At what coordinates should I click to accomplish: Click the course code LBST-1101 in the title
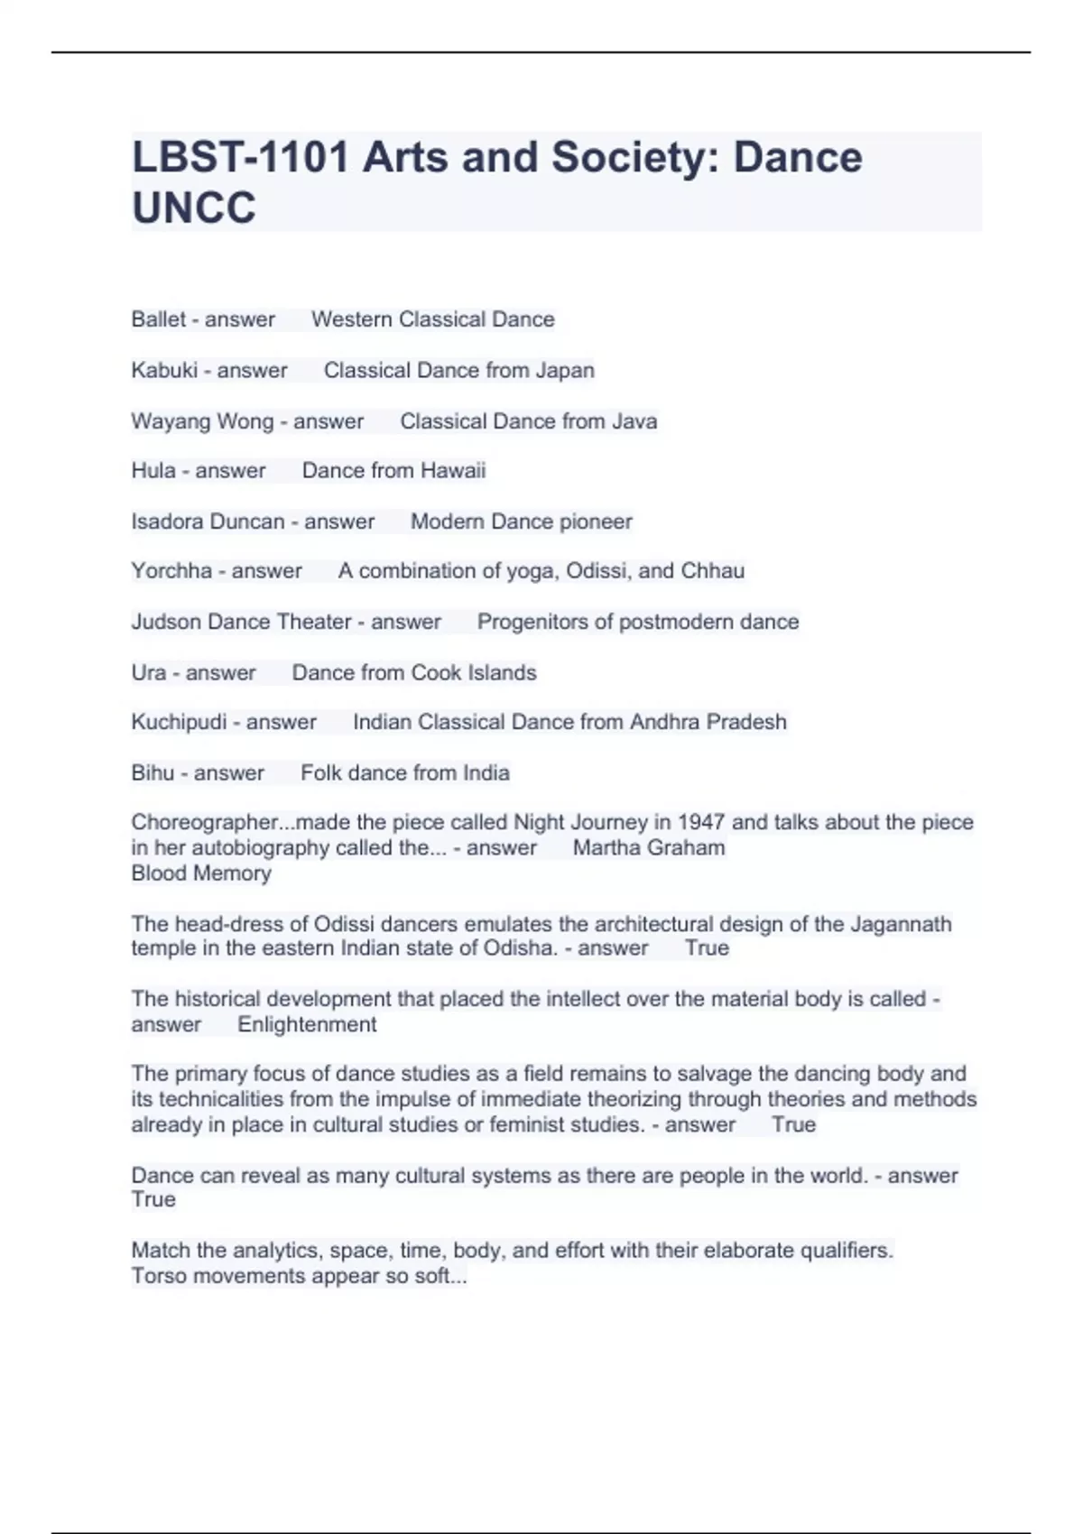coord(240,157)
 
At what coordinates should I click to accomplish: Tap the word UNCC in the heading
coord(193,208)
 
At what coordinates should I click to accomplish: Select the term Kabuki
coord(163,371)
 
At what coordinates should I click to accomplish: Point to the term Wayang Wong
coord(202,421)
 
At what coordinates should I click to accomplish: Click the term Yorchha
coord(171,571)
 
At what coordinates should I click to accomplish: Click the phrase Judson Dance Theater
coord(241,622)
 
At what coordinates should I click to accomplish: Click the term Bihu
coord(153,773)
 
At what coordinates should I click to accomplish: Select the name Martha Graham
coord(649,848)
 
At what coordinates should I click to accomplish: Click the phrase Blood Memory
coord(201,873)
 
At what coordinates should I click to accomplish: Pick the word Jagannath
coord(895,924)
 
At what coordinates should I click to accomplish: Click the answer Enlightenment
coord(307,1025)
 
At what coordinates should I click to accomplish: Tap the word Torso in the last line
coord(159,1277)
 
